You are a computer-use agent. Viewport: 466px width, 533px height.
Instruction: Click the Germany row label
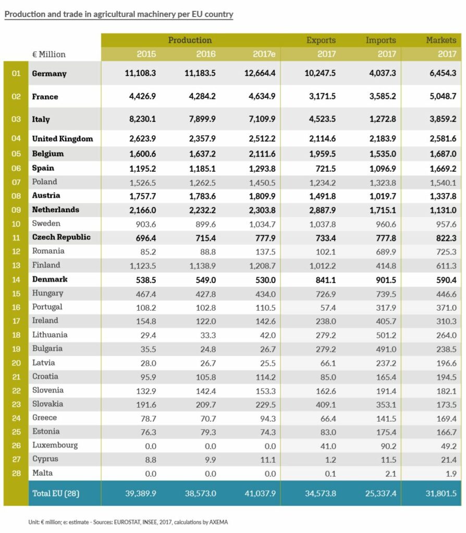click(49, 73)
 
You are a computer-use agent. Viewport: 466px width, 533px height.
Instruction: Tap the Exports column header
click(321, 40)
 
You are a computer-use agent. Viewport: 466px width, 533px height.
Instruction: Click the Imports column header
click(381, 40)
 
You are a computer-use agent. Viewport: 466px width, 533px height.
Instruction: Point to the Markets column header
click(441, 40)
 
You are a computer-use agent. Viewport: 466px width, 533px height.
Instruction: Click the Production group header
click(190, 40)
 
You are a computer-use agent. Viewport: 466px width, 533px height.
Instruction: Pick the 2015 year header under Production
click(146, 54)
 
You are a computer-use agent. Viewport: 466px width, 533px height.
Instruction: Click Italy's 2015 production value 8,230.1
click(140, 119)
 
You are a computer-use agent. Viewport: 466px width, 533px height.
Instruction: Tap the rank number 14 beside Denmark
click(16, 279)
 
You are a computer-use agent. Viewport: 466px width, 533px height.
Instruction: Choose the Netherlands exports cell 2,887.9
click(320, 209)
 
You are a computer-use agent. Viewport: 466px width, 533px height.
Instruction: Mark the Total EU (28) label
click(56, 493)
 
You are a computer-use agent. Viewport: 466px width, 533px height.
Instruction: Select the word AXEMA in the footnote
click(217, 522)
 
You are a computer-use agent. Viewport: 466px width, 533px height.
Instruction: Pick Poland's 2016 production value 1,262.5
click(200, 182)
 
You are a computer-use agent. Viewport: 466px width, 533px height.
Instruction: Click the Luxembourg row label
click(55, 445)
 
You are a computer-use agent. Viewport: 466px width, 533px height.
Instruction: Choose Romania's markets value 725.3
click(445, 251)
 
